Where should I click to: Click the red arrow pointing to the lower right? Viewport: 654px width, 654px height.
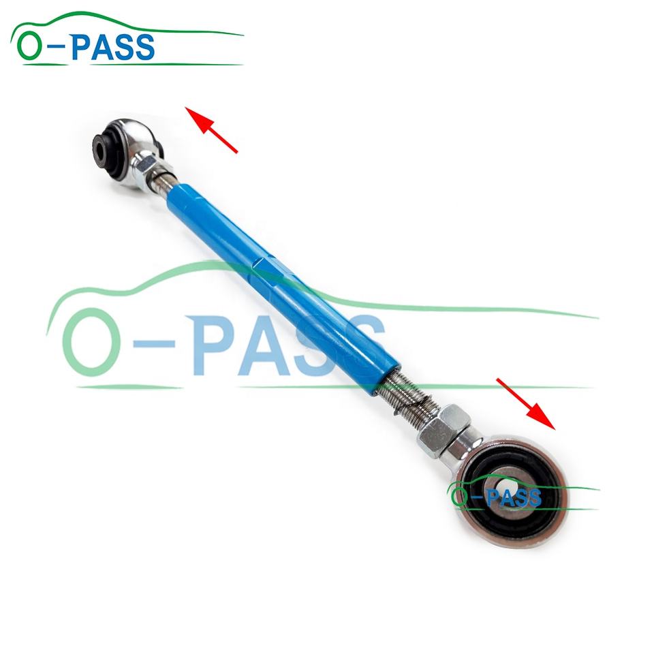[x=526, y=404]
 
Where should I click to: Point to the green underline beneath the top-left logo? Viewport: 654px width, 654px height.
[x=136, y=64]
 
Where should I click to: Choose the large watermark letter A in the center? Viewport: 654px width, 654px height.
[x=272, y=347]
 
